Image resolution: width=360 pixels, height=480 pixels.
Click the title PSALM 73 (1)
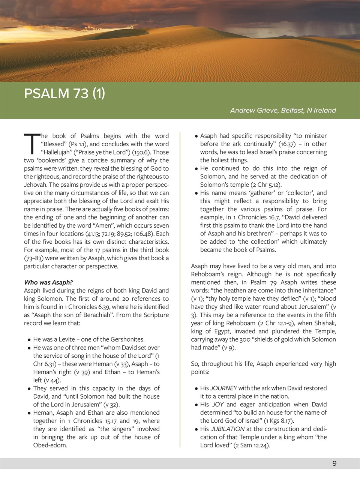[64, 93]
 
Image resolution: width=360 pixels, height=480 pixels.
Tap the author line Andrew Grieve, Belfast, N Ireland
[283, 110]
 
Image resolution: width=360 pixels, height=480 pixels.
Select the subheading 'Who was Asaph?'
[48, 282]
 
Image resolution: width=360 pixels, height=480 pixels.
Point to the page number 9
[334, 463]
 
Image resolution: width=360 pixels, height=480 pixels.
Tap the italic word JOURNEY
[224, 388]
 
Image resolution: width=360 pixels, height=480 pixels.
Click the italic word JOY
[217, 404]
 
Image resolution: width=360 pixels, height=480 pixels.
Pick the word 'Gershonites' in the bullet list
[128, 339]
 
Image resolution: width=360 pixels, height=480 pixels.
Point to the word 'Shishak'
[324, 323]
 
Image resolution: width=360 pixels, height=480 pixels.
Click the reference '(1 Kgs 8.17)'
[275, 421]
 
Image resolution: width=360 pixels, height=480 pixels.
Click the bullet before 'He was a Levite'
[29, 340]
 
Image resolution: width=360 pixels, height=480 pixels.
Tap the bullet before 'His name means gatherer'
[196, 193]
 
